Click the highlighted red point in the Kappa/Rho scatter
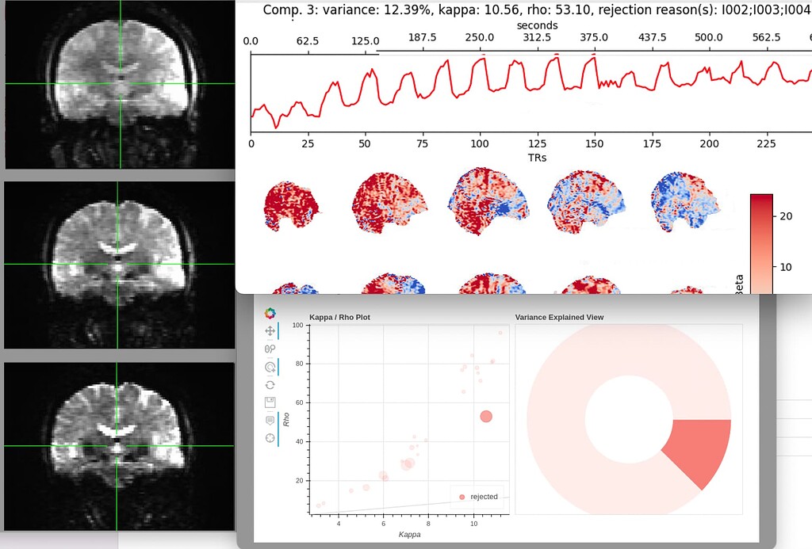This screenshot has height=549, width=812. [486, 416]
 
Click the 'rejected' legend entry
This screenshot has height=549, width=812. [483, 497]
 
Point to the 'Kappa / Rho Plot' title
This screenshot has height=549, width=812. [339, 318]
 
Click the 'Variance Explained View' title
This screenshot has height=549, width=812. [559, 318]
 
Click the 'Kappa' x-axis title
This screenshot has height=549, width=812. [409, 535]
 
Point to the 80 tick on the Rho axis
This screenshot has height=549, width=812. [299, 364]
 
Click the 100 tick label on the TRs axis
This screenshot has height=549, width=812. [479, 144]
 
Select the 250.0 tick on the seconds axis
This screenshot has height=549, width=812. [480, 38]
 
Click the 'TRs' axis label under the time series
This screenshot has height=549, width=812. [537, 158]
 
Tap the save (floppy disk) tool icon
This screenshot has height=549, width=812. [270, 402]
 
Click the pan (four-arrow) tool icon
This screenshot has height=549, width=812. [270, 330]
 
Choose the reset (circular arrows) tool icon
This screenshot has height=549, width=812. [270, 384]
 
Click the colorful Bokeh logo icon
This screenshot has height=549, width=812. [270, 314]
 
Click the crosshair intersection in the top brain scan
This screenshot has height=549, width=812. [121, 83]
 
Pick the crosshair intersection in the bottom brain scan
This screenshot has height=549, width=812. [117, 446]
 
